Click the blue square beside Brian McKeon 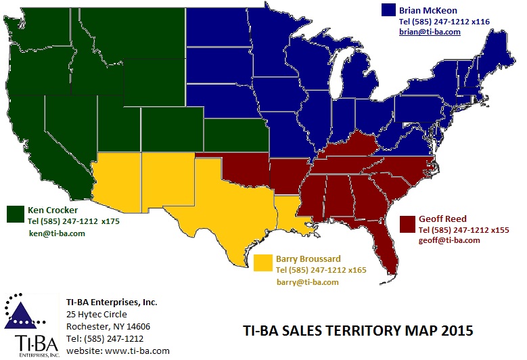pos(388,10)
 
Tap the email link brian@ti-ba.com pos(430,32)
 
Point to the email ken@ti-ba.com pos(57,233)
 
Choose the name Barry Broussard pos(308,258)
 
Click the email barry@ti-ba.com pos(307,282)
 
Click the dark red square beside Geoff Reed pos(407,223)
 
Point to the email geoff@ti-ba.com pos(449,240)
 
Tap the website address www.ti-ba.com pos(137,351)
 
